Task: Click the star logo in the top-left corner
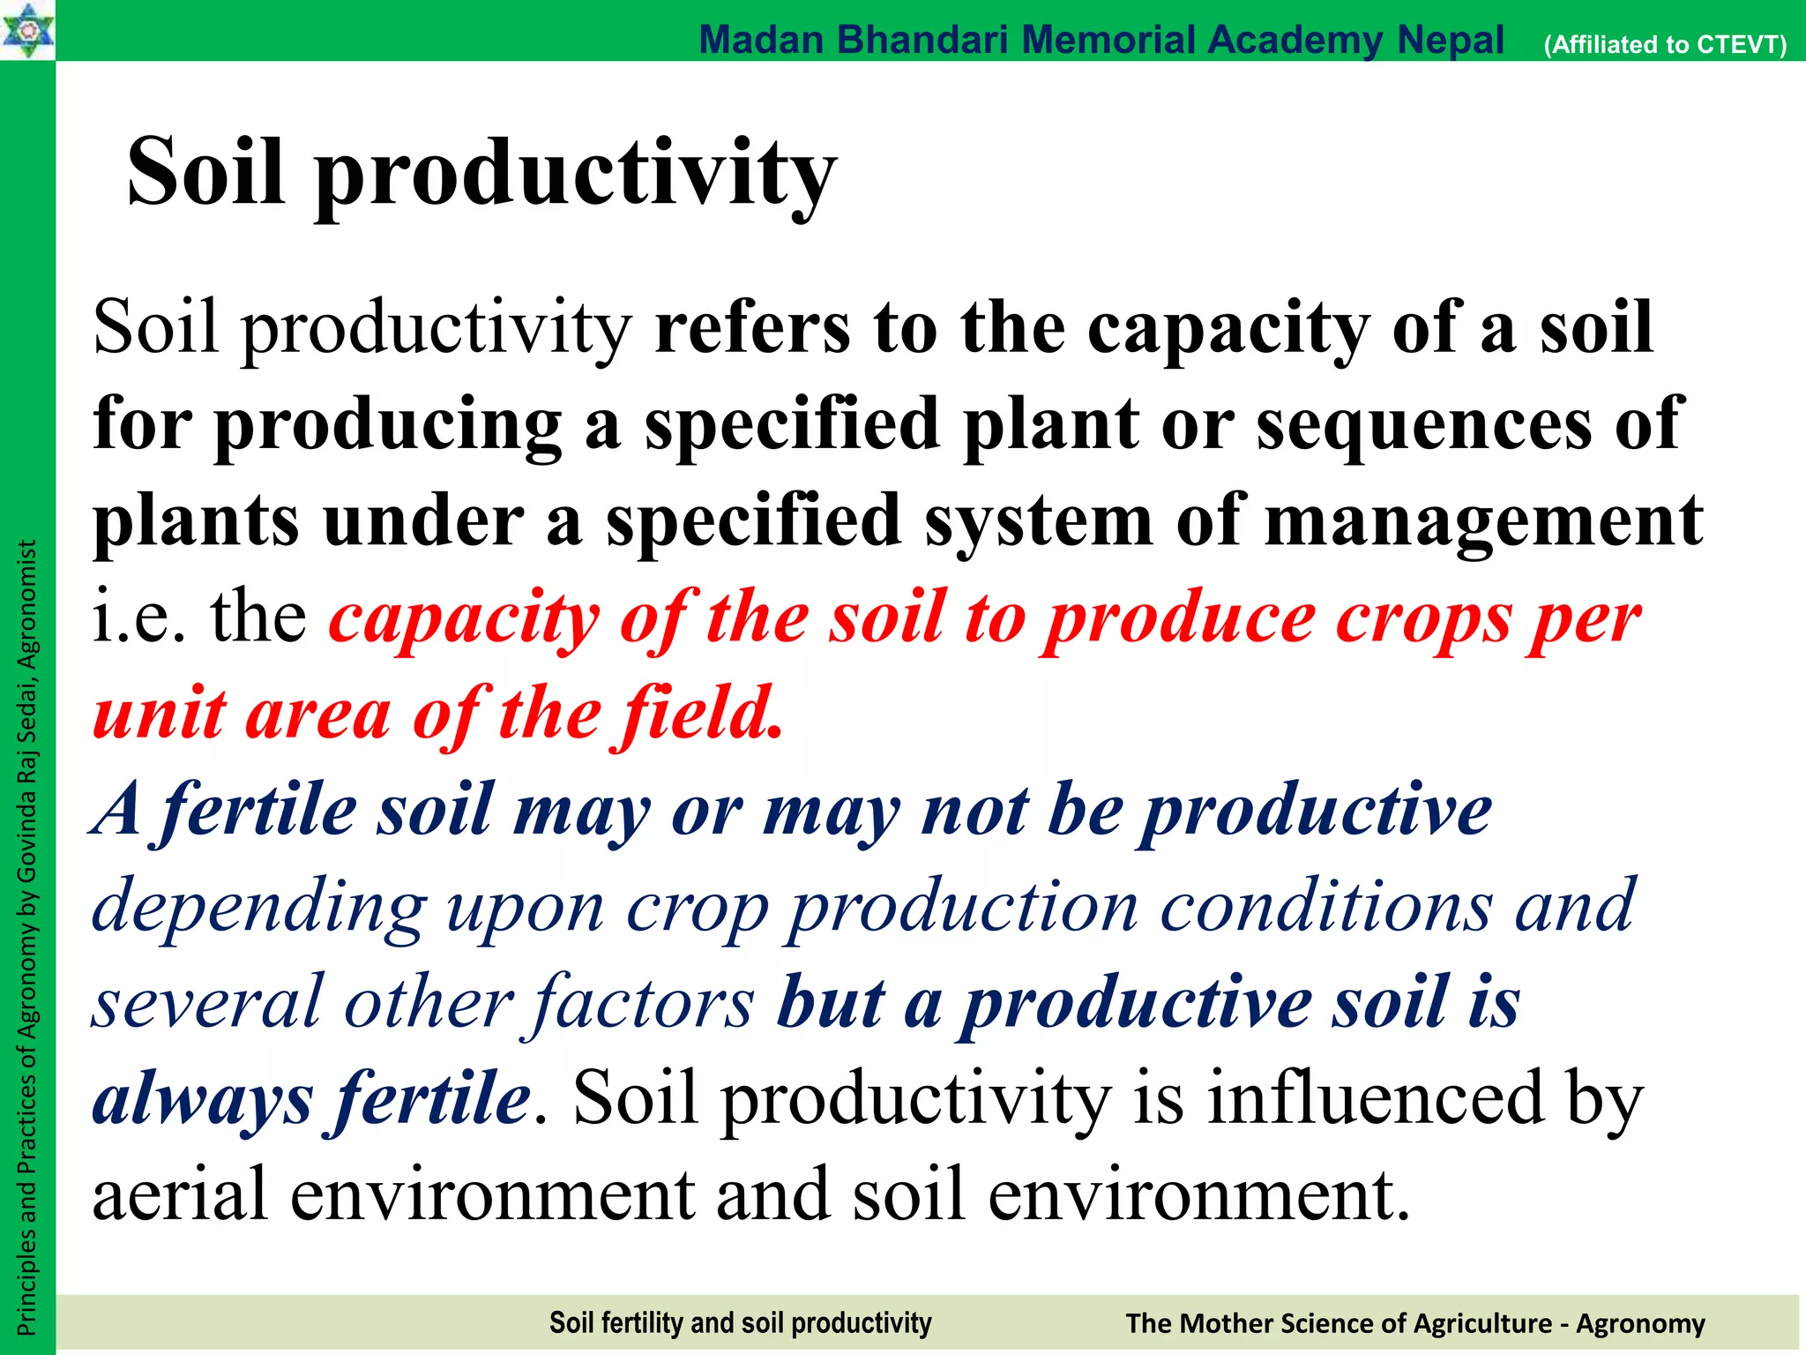[26, 30]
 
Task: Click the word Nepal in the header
[1450, 40]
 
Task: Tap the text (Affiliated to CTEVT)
[1665, 44]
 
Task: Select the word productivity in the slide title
[575, 174]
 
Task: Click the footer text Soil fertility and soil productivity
[740, 1322]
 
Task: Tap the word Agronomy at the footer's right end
[1640, 1323]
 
